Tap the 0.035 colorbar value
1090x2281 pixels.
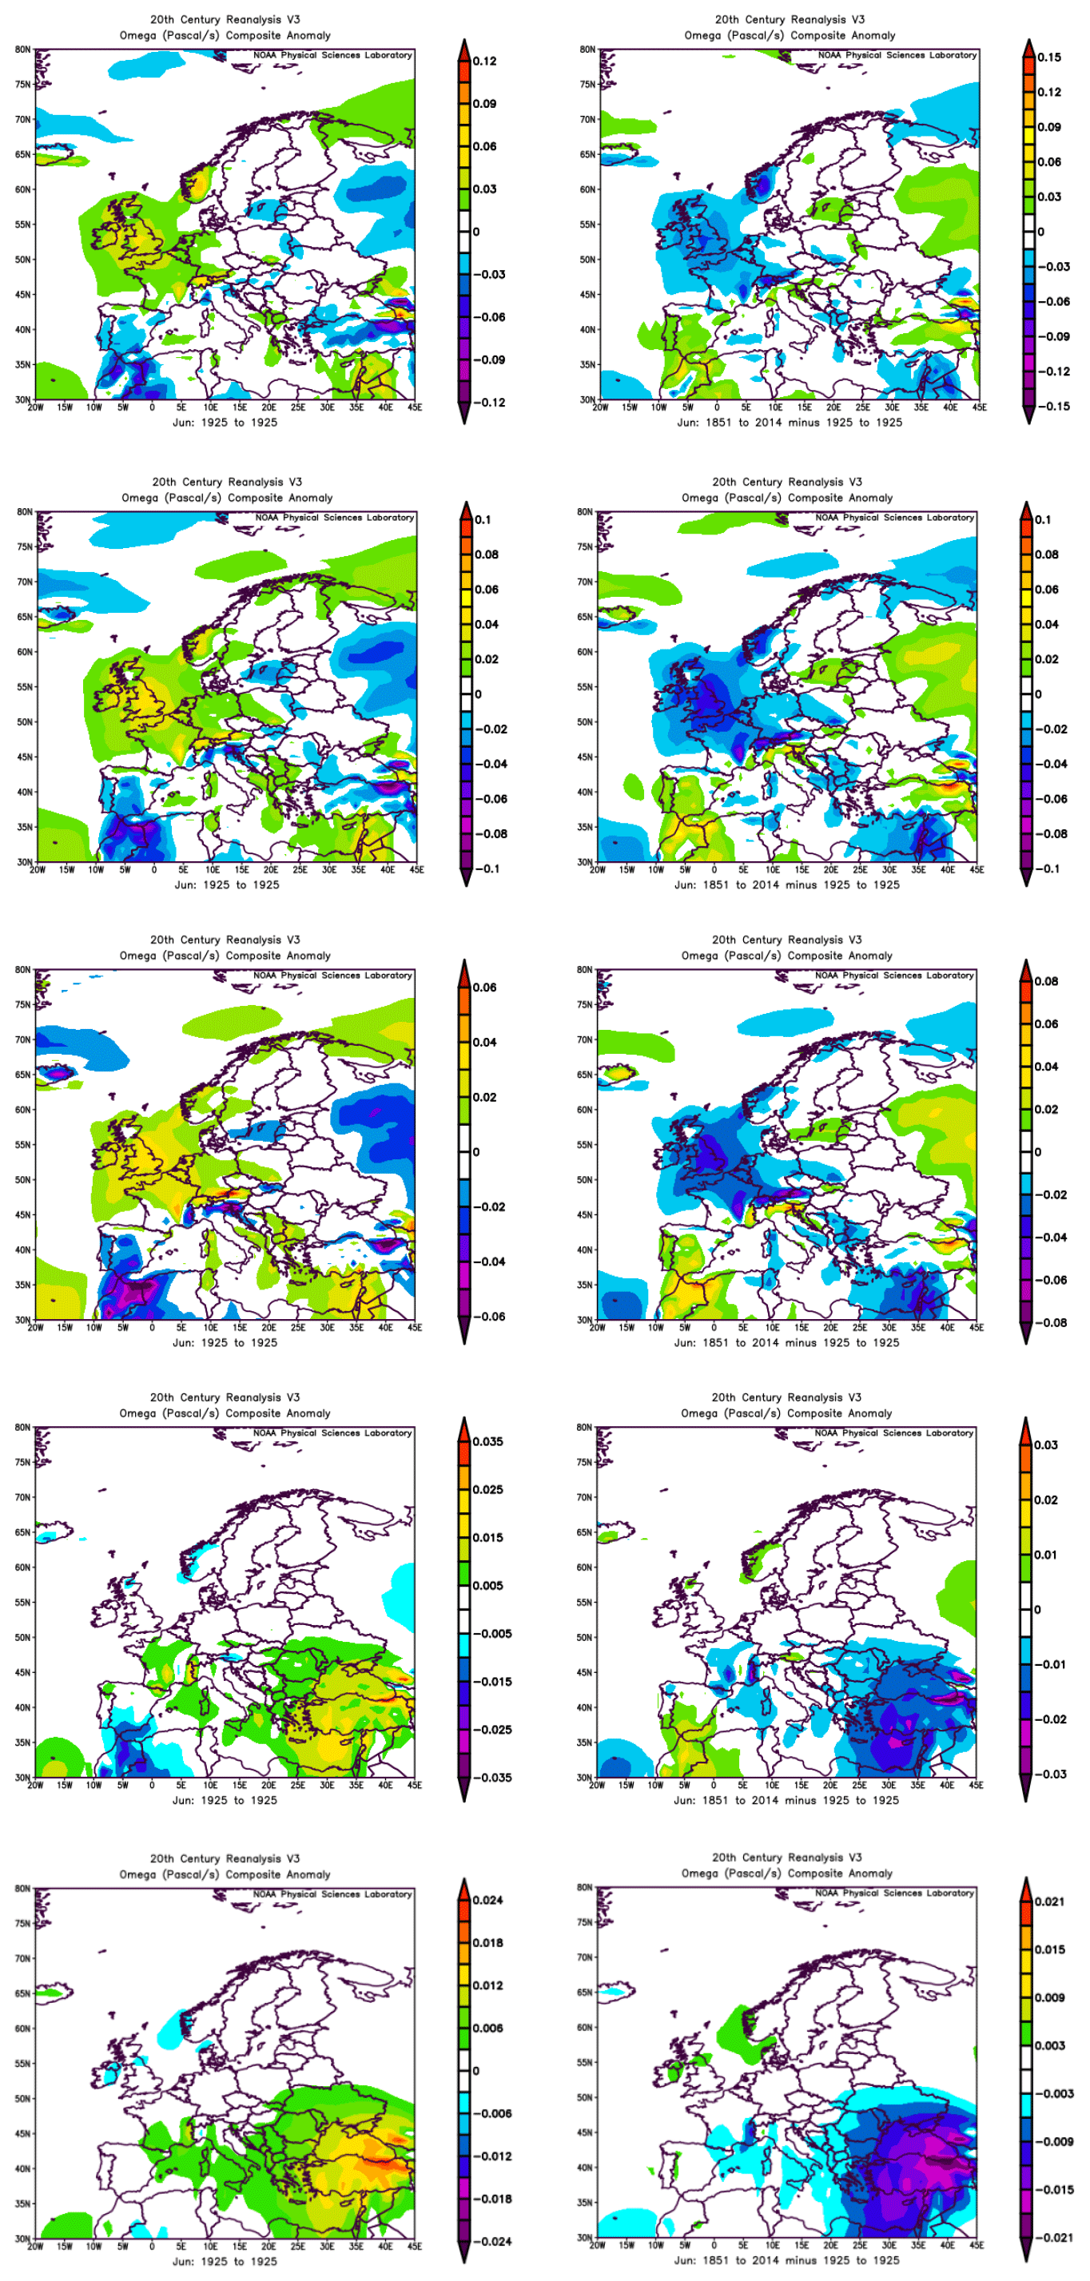point(488,1441)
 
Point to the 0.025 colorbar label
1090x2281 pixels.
point(488,1489)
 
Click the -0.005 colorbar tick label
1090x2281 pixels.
point(491,1634)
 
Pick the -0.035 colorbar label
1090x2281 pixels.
point(491,1777)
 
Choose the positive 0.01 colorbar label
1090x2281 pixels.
point(1046,1555)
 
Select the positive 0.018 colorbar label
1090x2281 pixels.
point(488,1943)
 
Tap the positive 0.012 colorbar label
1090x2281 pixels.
point(488,1985)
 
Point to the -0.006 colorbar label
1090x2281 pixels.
point(491,2114)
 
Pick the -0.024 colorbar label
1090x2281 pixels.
point(491,2241)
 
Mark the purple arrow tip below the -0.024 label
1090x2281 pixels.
point(464,2256)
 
